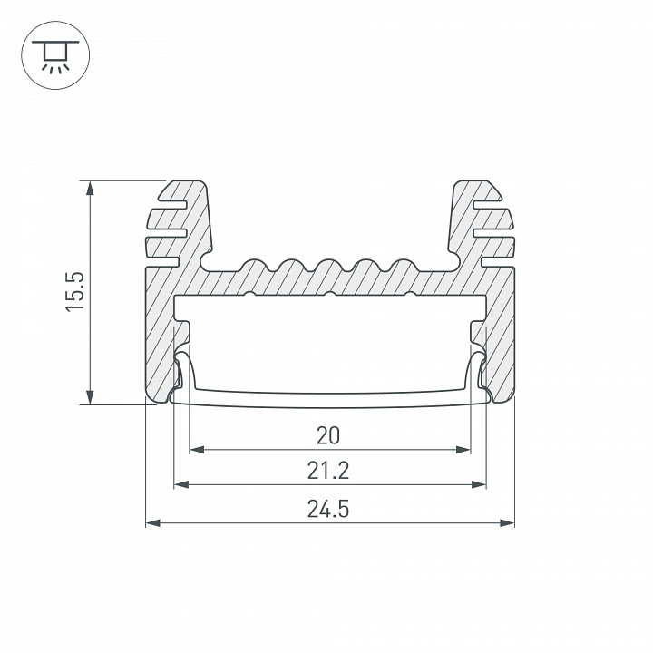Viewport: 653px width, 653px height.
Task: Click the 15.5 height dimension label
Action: [75, 291]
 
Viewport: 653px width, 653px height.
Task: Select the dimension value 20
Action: [328, 435]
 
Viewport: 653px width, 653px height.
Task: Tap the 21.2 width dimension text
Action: [328, 471]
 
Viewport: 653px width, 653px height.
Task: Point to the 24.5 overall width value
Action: [328, 509]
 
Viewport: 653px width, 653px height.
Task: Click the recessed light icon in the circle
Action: [55, 56]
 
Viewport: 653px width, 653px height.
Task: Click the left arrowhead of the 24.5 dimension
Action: [153, 522]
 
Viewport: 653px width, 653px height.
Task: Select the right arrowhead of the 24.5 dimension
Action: [507, 522]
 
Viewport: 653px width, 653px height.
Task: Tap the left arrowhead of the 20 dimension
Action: [197, 450]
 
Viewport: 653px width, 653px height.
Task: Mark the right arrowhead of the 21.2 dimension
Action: [479, 484]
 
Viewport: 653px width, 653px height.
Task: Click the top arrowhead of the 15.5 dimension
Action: [90, 189]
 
